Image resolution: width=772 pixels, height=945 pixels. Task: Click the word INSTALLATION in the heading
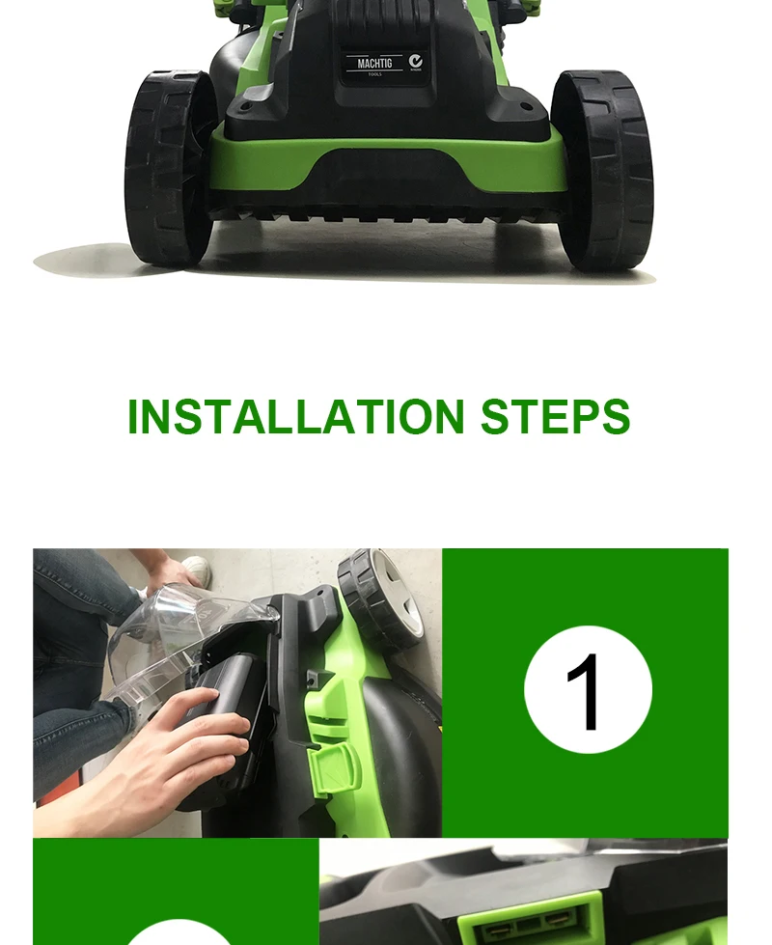pos(296,417)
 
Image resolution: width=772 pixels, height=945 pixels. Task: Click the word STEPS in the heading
pos(555,417)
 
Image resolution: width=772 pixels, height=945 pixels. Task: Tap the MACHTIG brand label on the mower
pos(374,65)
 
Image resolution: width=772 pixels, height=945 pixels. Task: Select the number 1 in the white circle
pos(587,691)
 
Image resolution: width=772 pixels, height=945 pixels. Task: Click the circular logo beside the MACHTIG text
pos(416,61)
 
